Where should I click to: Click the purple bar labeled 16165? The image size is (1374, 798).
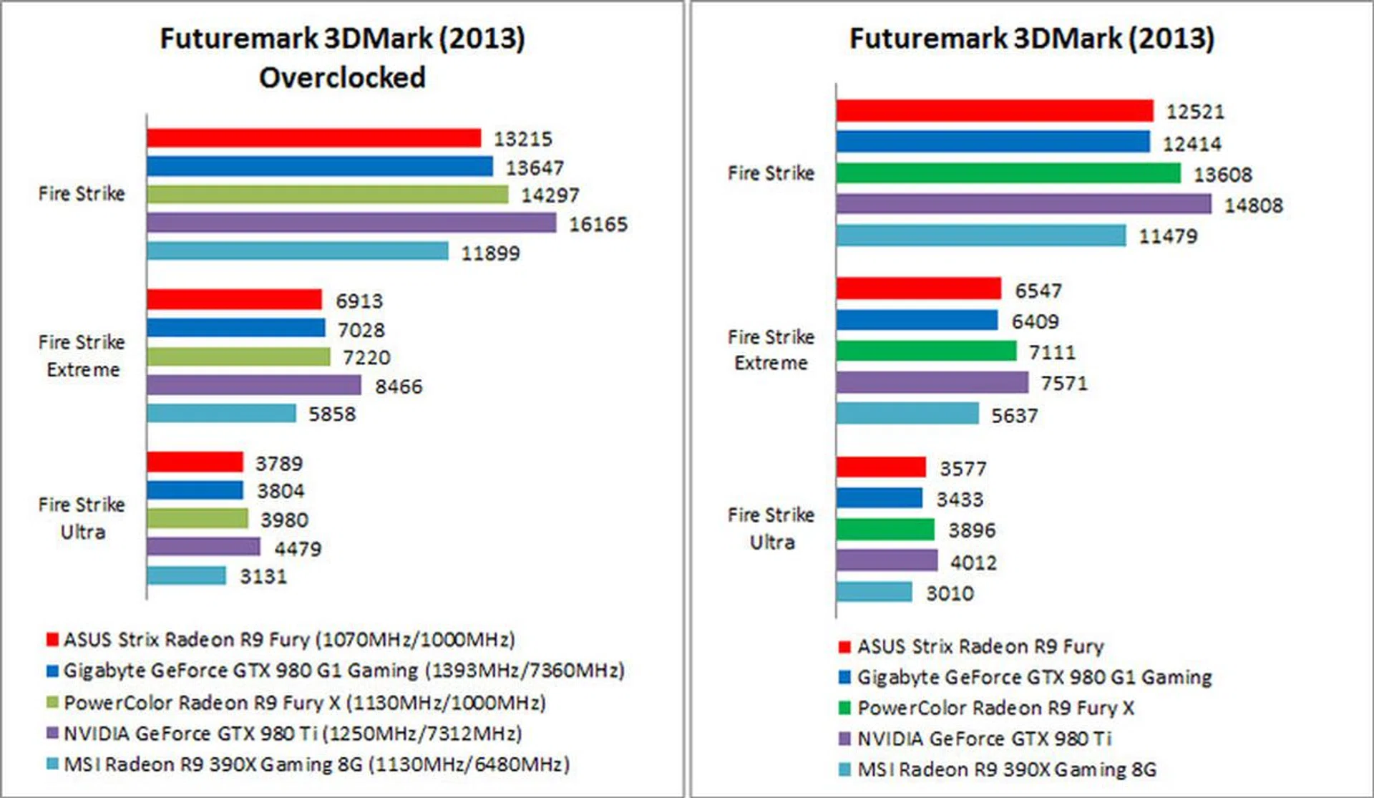pyautogui.click(x=351, y=223)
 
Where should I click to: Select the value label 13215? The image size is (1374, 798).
pyautogui.click(x=523, y=139)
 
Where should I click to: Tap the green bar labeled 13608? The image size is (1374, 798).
pyautogui.click(x=1008, y=173)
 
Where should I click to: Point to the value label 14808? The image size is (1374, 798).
pyautogui.click(x=1253, y=205)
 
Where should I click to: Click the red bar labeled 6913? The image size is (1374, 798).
pyautogui.click(x=234, y=299)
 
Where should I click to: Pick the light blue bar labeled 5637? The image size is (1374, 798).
pyautogui.click(x=907, y=414)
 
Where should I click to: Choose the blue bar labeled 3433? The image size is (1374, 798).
pyautogui.click(x=879, y=498)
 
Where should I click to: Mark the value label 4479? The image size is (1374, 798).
pyautogui.click(x=298, y=549)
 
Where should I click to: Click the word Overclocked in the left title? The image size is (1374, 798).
pyautogui.click(x=342, y=77)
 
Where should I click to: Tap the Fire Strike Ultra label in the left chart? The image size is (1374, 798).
pyautogui.click(x=82, y=518)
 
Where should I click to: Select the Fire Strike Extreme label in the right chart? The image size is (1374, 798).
pyautogui.click(x=771, y=350)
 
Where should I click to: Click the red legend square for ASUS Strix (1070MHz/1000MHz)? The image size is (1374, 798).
pyautogui.click(x=52, y=639)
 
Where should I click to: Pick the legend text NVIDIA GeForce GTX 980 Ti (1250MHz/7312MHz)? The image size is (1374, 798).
pyautogui.click(x=293, y=734)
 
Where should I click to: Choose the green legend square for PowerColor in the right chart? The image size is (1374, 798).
pyautogui.click(x=844, y=708)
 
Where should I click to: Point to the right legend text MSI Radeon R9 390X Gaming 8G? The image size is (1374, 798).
pyautogui.click(x=1006, y=769)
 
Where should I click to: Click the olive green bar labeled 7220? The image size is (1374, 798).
pyautogui.click(x=238, y=356)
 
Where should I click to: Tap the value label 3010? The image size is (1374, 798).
pyautogui.click(x=950, y=593)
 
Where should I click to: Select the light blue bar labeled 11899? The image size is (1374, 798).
pyautogui.click(x=298, y=251)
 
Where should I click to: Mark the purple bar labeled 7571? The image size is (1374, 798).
pyautogui.click(x=932, y=382)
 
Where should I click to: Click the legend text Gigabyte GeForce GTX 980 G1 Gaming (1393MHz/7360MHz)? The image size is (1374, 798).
pyautogui.click(x=343, y=671)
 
